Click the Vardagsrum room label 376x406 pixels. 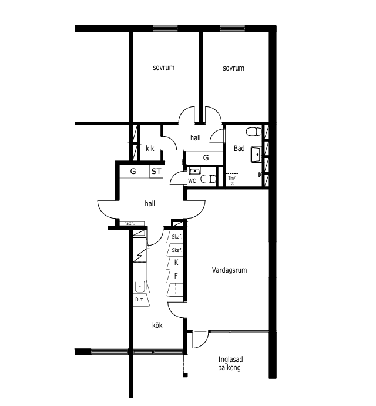click(230, 270)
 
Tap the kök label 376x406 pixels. click(157, 325)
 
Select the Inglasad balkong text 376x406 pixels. click(230, 363)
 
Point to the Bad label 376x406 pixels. click(239, 149)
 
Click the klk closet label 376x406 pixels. click(150, 149)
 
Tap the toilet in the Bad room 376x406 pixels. click(254, 132)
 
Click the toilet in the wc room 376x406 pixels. click(209, 179)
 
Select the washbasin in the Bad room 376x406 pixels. click(256, 155)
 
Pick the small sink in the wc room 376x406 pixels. click(194, 171)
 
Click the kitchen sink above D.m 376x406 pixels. click(140, 286)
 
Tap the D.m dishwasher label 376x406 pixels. click(139, 300)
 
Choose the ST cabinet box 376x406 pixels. click(156, 172)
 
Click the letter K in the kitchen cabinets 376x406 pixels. click(176, 263)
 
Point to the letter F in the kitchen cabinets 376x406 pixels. click(176, 276)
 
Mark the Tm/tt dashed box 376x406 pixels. click(232, 180)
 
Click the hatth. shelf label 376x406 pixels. click(129, 223)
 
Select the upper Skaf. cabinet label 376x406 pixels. click(177, 237)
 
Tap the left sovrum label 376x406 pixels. click(164, 68)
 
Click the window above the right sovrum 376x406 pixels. click(233, 28)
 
